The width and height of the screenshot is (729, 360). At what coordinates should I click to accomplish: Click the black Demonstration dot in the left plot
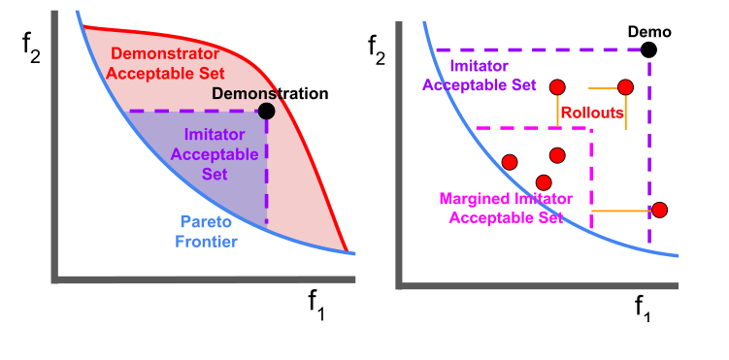(x=267, y=111)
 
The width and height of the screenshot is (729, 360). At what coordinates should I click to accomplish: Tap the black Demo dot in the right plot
(x=649, y=49)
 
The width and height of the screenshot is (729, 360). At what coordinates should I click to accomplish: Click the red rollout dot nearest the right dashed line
(x=660, y=210)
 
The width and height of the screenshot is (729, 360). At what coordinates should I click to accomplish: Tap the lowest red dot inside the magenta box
(x=544, y=181)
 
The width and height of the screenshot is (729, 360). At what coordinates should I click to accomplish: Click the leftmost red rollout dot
(x=509, y=161)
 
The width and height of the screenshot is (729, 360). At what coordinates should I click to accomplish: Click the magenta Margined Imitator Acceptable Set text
(x=506, y=208)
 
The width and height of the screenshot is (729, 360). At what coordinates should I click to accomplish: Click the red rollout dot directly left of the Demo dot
(x=625, y=87)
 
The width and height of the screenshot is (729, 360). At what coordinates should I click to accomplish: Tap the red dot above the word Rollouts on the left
(x=557, y=87)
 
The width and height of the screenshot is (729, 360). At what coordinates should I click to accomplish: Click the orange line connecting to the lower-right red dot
(x=619, y=210)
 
